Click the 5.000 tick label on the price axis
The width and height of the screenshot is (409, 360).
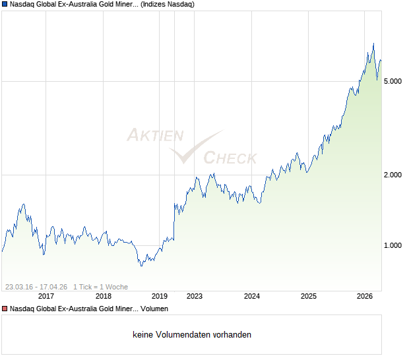393,81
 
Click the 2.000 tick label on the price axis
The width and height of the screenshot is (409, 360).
393,175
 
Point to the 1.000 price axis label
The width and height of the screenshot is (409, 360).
393,245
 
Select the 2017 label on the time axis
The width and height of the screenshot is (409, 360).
46,296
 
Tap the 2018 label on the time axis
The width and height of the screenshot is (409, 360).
104,296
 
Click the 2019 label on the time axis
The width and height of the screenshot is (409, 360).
160,296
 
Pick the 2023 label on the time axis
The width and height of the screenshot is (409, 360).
195,296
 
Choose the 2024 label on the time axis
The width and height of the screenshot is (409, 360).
252,296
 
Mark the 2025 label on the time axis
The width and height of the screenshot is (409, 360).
309,296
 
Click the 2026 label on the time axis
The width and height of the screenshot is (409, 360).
365,296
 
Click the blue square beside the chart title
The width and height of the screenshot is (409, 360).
5,4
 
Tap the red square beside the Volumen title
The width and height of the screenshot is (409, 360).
5,309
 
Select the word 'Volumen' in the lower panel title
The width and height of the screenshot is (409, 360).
154,309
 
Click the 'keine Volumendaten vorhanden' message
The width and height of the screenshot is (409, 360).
192,335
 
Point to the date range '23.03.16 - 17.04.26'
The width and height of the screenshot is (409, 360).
36,287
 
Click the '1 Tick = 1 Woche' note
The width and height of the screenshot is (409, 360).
100,287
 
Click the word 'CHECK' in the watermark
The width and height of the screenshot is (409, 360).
230,158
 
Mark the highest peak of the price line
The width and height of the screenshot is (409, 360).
373,44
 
